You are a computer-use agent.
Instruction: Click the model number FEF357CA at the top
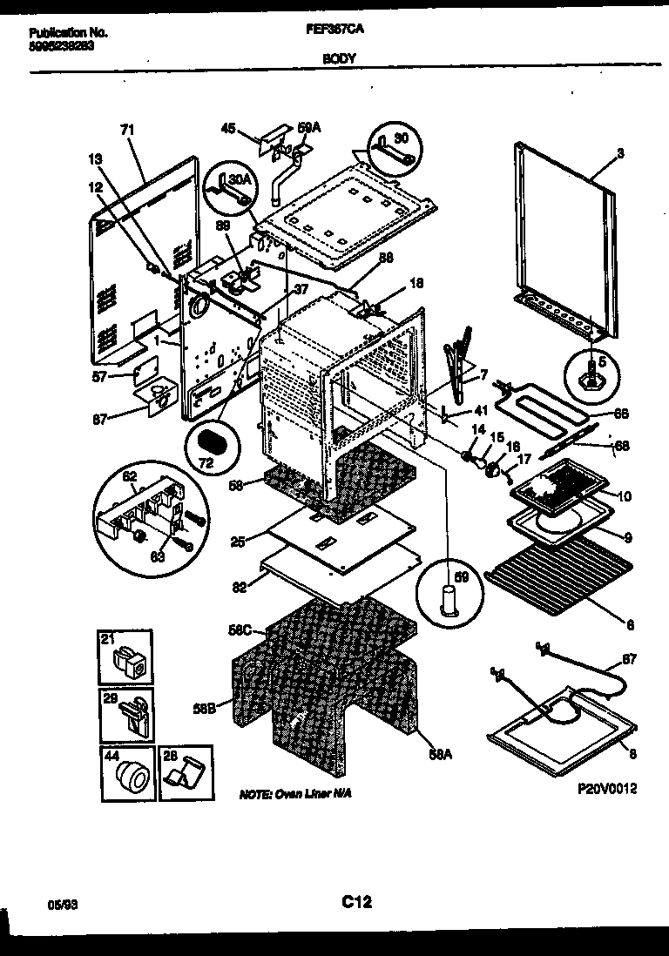coord(345,29)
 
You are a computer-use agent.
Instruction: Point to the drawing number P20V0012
coord(606,789)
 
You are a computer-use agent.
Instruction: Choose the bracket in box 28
coord(185,773)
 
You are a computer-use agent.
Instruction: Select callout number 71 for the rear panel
coord(127,130)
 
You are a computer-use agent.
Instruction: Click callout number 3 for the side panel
coord(619,153)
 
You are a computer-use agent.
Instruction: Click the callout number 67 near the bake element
coord(629,659)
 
